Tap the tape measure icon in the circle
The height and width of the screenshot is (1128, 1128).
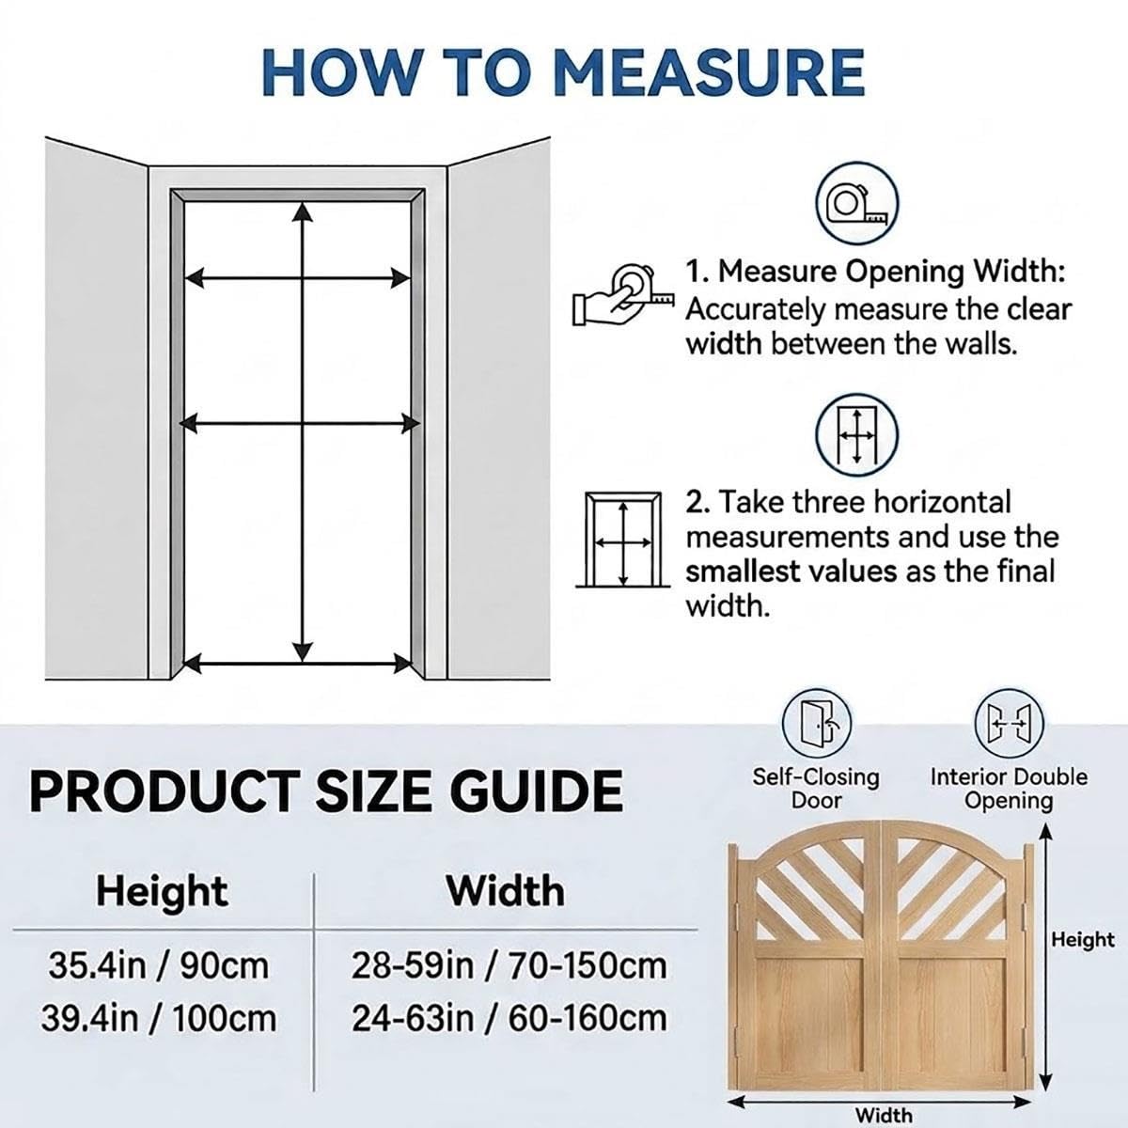pos(857,203)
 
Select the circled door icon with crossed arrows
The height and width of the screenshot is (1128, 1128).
pos(857,434)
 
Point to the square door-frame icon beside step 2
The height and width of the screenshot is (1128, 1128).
pos(623,540)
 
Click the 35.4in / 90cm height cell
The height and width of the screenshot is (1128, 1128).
pos(159,966)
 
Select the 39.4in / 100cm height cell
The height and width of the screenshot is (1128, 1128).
pos(159,1019)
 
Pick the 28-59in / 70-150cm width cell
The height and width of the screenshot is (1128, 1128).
pos(509,966)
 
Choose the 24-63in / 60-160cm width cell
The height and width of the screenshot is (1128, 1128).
pos(509,1019)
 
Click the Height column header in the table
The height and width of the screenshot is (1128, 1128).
pos(162,893)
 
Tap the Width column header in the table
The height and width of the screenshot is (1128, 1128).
pos(506,891)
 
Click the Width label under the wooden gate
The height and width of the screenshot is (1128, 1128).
pos(884,1115)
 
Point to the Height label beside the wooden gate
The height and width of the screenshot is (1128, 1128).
pos(1083,940)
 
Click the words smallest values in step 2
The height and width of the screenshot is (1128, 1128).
pos(791,572)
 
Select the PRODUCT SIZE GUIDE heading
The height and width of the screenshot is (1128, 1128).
pos(326,791)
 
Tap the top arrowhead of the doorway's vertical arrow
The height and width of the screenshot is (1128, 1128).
pos(302,211)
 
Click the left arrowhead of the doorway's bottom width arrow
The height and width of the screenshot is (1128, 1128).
pos(192,664)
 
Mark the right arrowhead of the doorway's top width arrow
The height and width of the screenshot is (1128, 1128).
pos(400,278)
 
